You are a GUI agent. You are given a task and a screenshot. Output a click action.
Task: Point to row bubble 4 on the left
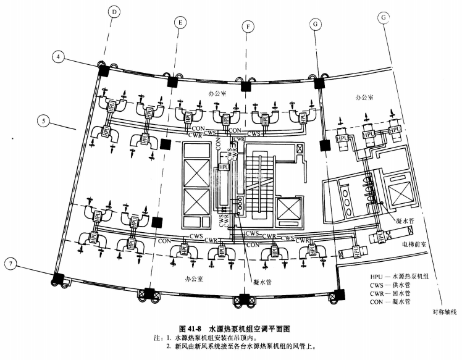point(59,57)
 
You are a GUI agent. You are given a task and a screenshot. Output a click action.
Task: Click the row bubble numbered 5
point(43,121)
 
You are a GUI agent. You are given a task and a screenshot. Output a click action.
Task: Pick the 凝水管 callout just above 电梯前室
point(406,220)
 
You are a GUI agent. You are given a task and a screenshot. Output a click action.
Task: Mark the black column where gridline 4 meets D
point(103,69)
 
